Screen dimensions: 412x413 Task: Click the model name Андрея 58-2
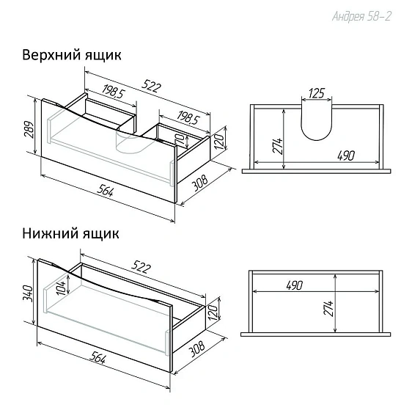[x=361, y=16]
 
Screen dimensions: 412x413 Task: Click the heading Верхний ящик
[x=72, y=55]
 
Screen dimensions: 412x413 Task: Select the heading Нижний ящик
[x=70, y=233]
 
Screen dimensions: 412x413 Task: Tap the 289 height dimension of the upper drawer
[x=29, y=130]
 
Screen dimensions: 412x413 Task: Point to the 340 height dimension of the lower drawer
[x=28, y=293]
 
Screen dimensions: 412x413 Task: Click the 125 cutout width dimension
[x=317, y=93]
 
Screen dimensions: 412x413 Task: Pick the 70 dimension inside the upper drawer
[x=181, y=137]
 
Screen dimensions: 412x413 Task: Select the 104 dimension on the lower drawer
[x=61, y=288]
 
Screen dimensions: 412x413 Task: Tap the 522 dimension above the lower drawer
[x=141, y=266]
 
